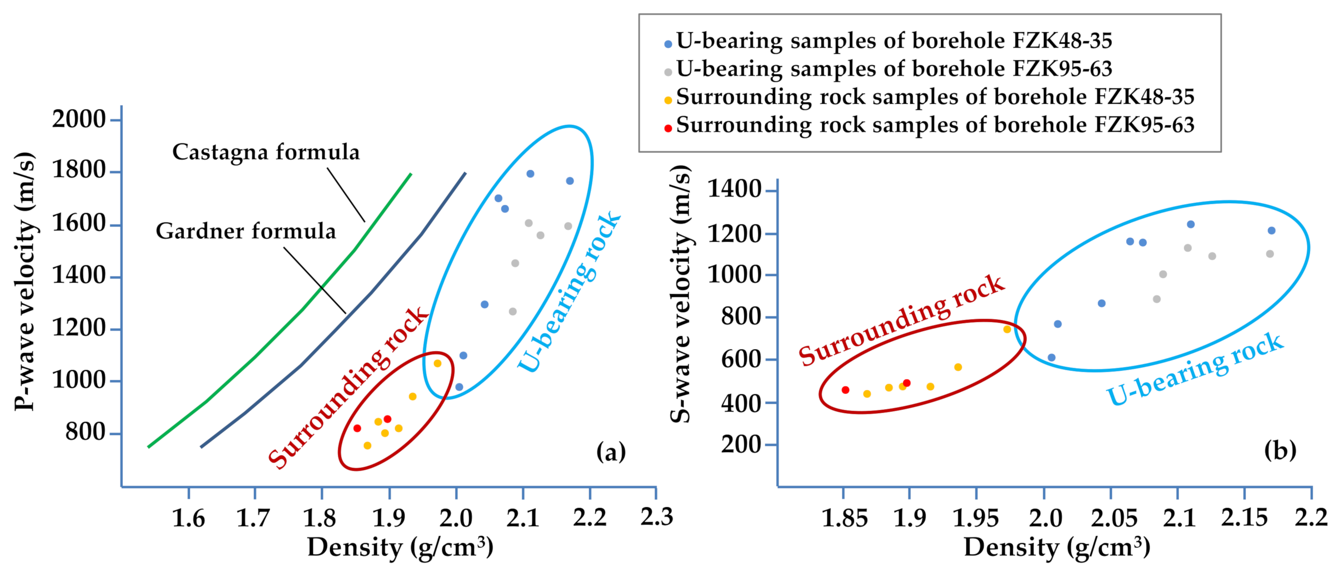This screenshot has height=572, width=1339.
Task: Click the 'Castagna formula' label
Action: (x=265, y=152)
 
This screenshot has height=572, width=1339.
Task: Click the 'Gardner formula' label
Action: (x=246, y=231)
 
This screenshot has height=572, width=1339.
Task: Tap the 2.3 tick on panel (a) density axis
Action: (x=657, y=517)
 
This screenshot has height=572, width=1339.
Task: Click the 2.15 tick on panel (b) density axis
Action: (x=1245, y=518)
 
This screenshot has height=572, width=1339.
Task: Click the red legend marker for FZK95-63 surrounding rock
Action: (x=668, y=128)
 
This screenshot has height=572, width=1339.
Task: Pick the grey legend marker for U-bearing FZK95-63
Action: (x=668, y=72)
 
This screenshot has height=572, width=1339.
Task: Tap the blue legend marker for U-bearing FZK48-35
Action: (x=668, y=44)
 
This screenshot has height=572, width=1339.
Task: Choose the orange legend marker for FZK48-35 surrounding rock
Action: (x=668, y=100)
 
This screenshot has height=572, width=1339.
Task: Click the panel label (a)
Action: (x=611, y=451)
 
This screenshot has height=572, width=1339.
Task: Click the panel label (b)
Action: (x=1280, y=450)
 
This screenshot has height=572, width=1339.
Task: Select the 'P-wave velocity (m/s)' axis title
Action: (x=24, y=281)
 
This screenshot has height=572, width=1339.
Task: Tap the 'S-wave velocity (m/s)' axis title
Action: (x=680, y=294)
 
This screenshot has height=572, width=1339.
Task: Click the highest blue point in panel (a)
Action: (x=530, y=173)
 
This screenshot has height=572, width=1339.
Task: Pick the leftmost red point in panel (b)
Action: (x=845, y=389)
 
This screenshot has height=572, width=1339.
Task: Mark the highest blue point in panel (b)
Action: (x=1191, y=224)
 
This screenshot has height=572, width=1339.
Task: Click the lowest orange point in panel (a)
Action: (x=367, y=445)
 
